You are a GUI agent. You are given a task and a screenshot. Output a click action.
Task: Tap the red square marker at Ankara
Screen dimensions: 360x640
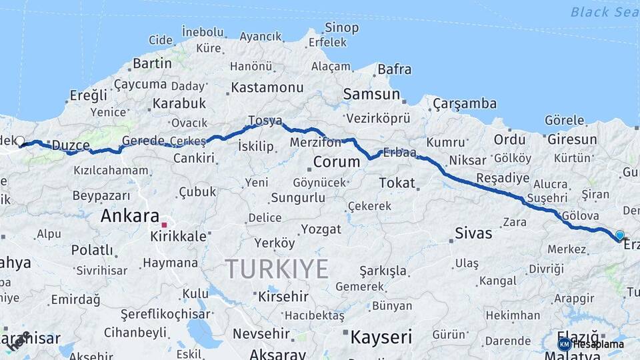(164, 225)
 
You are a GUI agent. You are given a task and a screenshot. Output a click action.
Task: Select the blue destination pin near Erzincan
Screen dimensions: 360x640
(620, 235)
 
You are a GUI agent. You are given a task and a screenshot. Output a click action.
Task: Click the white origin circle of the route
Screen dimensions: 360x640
(20, 141)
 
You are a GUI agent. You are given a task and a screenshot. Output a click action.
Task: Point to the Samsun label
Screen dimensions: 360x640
(371, 95)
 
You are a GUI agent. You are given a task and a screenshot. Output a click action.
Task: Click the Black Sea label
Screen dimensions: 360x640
(604, 12)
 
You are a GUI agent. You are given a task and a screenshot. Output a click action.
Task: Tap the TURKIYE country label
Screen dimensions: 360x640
(277, 269)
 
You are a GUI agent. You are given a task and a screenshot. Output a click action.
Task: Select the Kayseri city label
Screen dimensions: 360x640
(381, 336)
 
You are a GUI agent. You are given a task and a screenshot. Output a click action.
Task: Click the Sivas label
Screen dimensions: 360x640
(473, 233)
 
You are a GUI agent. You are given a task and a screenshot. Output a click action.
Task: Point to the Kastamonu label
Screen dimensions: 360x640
(267, 87)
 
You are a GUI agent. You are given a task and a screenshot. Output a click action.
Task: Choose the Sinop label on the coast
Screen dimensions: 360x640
(342, 27)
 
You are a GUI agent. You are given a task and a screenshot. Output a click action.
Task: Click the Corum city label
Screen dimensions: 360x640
(337, 161)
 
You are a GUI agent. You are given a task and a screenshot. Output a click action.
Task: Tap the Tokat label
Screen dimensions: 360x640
(397, 183)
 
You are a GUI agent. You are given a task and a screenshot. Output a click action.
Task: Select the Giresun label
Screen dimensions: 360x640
(572, 139)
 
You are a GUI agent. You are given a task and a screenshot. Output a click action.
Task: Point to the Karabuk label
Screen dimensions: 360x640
(179, 103)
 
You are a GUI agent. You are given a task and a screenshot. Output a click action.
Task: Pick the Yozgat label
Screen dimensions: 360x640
(321, 229)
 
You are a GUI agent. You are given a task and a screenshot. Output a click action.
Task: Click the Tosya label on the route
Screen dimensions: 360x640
(265, 121)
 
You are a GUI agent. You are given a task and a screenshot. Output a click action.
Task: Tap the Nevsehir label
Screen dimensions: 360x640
(261, 333)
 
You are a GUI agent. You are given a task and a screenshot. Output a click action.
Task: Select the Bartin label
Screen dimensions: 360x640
(153, 63)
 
